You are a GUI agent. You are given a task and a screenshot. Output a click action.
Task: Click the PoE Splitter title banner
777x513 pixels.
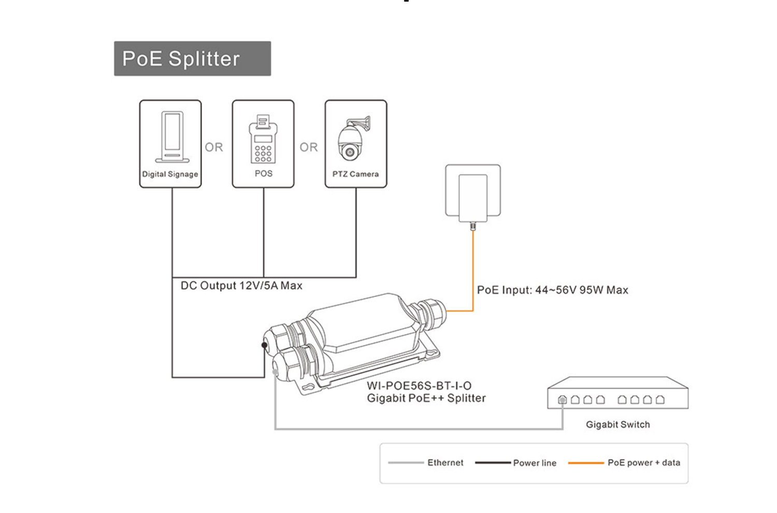pyautogui.click(x=192, y=59)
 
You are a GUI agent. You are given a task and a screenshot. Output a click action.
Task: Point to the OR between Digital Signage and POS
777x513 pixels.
pyautogui.click(x=214, y=147)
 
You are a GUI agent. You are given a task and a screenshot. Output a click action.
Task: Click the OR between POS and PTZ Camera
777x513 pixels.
pyautogui.click(x=309, y=147)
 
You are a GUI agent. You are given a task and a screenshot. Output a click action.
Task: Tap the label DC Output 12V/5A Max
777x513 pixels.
pyautogui.click(x=241, y=286)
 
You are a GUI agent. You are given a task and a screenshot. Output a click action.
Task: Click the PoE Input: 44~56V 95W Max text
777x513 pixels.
pyautogui.click(x=552, y=290)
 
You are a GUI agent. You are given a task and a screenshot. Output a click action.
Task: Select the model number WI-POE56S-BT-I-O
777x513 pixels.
pyautogui.click(x=419, y=386)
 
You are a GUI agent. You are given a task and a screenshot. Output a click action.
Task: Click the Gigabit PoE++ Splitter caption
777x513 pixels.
pyautogui.click(x=426, y=398)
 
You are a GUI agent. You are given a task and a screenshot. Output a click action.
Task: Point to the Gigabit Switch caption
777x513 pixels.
pyautogui.click(x=617, y=425)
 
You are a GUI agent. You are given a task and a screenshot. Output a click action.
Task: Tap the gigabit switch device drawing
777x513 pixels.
pyautogui.click(x=617, y=393)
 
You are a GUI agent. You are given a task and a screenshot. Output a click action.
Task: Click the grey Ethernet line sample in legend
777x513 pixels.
pyautogui.click(x=406, y=463)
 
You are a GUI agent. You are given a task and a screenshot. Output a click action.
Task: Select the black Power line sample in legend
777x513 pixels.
pyautogui.click(x=493, y=463)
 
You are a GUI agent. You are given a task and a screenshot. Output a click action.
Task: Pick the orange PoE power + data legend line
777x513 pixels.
pyautogui.click(x=586, y=463)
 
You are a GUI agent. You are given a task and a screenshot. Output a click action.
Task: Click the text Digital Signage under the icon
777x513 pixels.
pyautogui.click(x=170, y=175)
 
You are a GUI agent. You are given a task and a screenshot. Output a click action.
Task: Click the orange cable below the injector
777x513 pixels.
pyautogui.click(x=473, y=269)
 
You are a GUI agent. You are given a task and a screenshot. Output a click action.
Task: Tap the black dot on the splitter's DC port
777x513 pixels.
pyautogui.click(x=264, y=345)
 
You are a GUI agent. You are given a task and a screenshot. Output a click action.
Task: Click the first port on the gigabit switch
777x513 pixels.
pyautogui.click(x=563, y=400)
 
